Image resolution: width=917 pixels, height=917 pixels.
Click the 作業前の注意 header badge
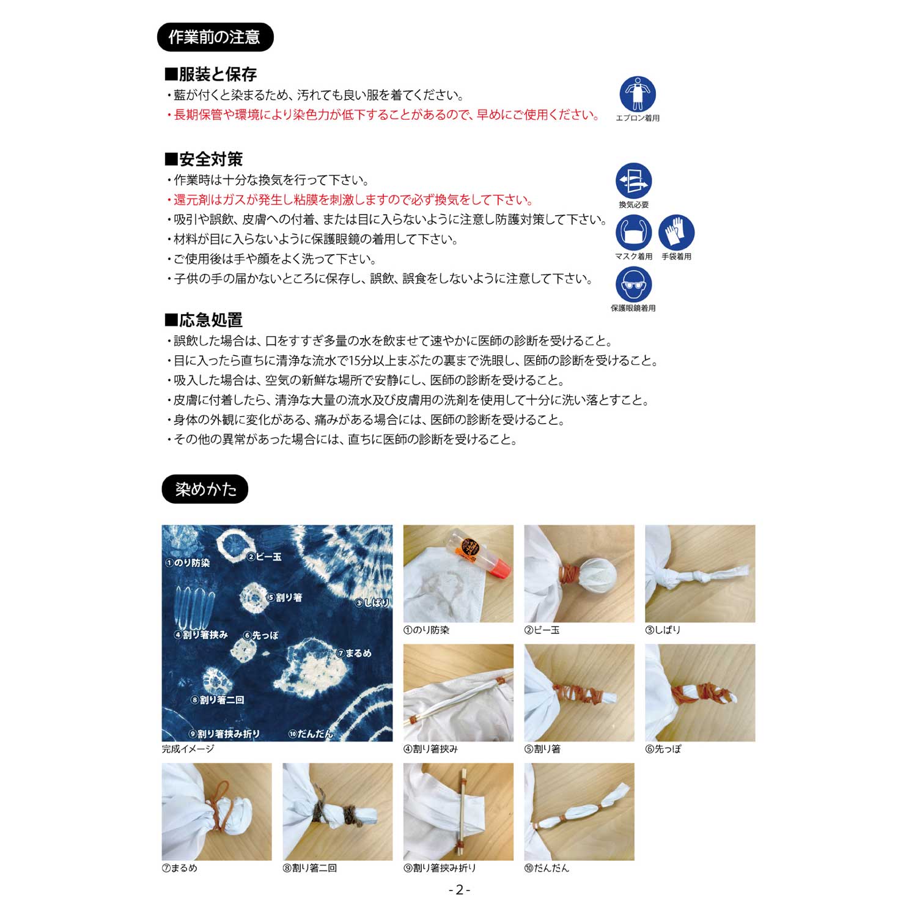click(215, 37)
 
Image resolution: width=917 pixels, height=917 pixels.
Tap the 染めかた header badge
click(205, 489)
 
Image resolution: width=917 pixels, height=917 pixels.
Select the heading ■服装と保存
click(211, 75)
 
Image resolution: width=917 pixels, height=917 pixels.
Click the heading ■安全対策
click(204, 160)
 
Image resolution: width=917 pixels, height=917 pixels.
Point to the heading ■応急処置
click(204, 320)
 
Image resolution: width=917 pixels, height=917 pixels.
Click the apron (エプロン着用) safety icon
click(638, 94)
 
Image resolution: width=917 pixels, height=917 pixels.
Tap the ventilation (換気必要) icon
click(634, 181)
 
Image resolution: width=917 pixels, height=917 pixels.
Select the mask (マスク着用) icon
click(634, 233)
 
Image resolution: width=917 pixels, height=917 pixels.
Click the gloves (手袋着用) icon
click(677, 233)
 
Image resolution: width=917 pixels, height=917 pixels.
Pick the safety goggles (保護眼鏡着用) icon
click(634, 284)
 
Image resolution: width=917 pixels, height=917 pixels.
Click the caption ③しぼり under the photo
click(663, 630)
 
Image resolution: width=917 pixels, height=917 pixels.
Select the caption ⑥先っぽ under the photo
click(663, 749)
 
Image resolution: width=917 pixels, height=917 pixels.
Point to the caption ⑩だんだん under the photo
click(547, 868)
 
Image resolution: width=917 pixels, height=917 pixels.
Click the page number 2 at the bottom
click(459, 890)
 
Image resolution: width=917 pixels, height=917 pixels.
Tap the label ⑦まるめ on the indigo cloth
click(355, 653)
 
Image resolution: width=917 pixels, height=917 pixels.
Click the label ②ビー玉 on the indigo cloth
click(264, 557)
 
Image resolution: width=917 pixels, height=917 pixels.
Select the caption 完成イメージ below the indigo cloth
click(188, 749)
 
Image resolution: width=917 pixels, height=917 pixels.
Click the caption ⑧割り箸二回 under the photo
click(310, 868)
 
